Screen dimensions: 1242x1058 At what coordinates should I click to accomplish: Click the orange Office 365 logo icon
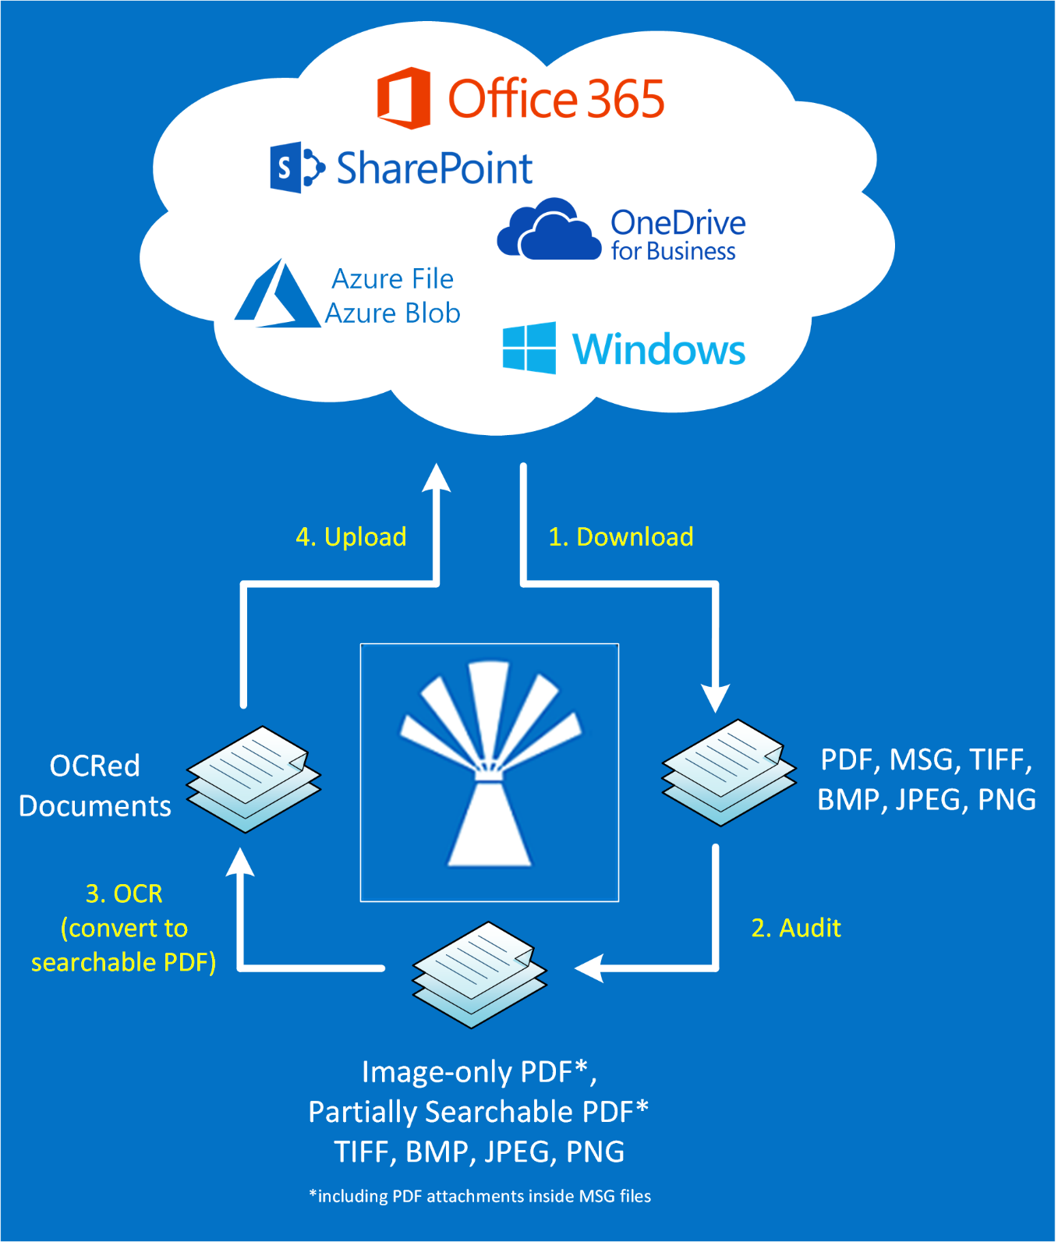point(403,98)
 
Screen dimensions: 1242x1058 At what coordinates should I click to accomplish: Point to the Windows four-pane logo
point(529,348)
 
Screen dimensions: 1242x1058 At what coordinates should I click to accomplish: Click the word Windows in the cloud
point(659,349)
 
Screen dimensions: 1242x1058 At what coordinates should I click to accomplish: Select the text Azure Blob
point(393,313)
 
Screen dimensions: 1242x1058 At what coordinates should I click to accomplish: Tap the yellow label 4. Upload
point(351,536)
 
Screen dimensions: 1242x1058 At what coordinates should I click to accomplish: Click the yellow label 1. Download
point(621,536)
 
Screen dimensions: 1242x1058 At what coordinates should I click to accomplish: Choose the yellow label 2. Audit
point(796,928)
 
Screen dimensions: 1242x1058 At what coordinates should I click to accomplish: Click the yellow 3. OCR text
point(124,893)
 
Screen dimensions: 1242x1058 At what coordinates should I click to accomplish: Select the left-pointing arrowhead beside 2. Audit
point(589,968)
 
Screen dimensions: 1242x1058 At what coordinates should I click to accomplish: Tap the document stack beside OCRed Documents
point(254,778)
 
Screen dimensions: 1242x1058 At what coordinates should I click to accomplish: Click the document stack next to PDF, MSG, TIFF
point(729,772)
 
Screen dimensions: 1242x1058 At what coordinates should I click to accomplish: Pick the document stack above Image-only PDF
point(479,974)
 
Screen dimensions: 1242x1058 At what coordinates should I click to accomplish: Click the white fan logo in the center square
point(490,764)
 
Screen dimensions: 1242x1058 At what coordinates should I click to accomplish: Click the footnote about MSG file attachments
point(480,1196)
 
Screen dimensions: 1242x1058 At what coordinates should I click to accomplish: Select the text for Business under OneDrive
point(673,252)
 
